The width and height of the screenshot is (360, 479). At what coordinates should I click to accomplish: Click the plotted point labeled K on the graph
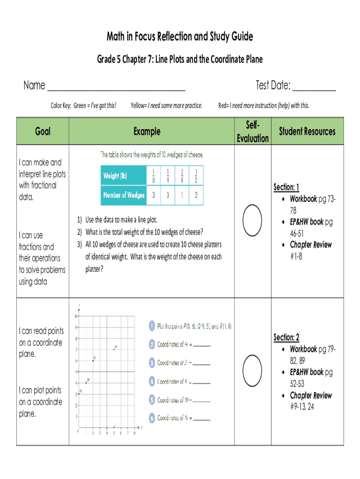[93, 361]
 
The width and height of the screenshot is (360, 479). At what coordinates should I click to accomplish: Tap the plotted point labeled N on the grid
[114, 349]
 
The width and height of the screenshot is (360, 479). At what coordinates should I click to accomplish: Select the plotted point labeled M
[86, 383]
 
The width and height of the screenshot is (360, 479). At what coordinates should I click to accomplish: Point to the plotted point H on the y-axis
[79, 394]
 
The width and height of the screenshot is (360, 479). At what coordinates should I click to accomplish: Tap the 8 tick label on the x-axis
[135, 433]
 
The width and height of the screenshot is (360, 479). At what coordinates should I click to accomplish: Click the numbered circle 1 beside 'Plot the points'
[151, 326]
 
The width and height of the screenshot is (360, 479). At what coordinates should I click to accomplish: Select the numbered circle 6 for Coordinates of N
[151, 418]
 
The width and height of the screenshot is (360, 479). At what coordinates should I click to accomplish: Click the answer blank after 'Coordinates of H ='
[202, 345]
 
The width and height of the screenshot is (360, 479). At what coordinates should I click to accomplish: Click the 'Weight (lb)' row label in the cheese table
[115, 176]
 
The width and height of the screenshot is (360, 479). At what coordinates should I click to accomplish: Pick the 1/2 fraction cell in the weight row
[196, 176]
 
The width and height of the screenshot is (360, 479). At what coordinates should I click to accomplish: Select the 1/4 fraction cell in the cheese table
[167, 176]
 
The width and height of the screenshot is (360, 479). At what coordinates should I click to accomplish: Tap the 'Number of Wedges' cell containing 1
[181, 196]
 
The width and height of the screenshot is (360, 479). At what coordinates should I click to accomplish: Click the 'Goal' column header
[43, 131]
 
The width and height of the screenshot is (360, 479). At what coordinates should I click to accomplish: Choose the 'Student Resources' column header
[307, 131]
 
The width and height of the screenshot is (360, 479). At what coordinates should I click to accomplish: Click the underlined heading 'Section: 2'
[286, 337]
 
